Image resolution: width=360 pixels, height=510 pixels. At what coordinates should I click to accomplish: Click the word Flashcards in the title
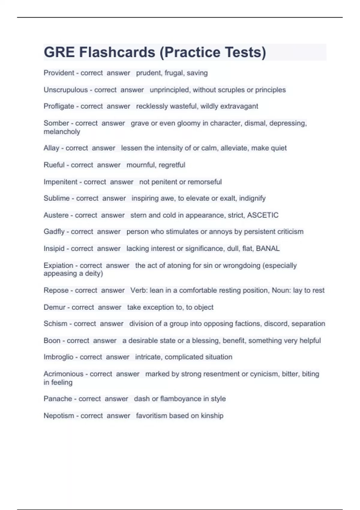click(x=117, y=52)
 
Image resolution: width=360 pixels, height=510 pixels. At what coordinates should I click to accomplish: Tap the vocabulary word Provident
click(x=59, y=73)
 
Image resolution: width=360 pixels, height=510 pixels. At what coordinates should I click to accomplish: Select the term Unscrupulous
click(x=66, y=90)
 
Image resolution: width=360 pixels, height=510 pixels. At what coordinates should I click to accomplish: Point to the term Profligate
click(x=59, y=106)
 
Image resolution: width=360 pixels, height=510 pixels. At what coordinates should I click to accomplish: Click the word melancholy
click(x=62, y=132)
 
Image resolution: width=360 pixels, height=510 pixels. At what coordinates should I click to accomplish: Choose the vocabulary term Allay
click(x=51, y=148)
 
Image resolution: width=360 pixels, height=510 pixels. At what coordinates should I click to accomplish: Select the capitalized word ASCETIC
click(x=263, y=215)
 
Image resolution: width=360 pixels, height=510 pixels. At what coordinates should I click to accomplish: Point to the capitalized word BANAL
click(x=268, y=248)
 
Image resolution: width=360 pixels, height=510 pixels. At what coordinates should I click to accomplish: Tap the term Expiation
click(x=58, y=265)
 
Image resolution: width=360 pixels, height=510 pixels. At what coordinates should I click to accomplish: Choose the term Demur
click(x=54, y=307)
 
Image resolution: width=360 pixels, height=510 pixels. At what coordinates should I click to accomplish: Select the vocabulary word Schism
click(x=55, y=324)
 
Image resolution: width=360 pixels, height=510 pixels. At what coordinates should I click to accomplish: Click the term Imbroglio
click(x=58, y=357)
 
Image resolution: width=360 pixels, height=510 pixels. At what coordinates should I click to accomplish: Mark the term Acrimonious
click(x=63, y=374)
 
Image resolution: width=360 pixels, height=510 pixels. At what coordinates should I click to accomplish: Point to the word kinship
click(x=212, y=416)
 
